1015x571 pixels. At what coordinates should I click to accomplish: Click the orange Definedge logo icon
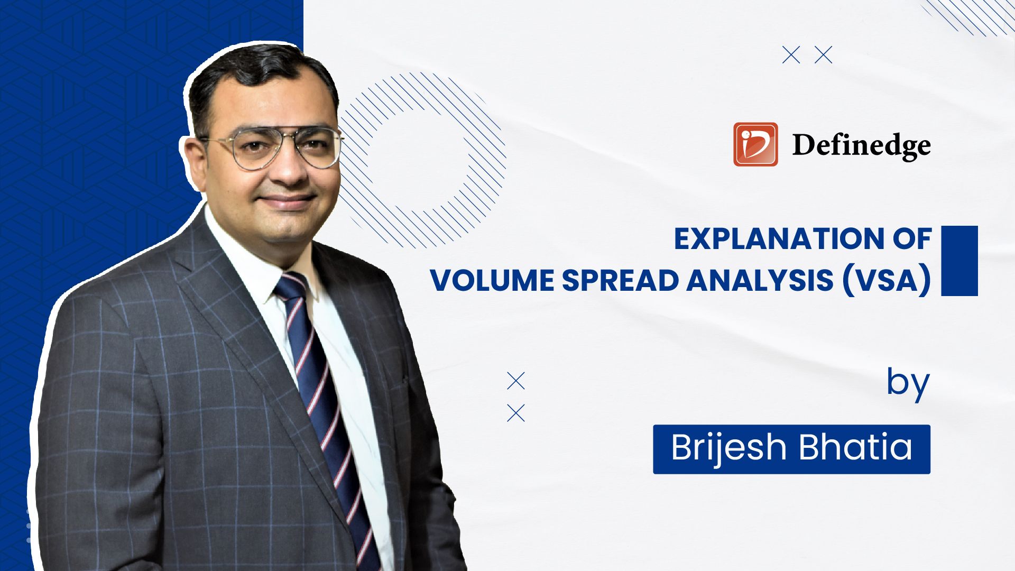(x=755, y=144)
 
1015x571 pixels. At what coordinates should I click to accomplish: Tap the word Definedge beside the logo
(x=861, y=145)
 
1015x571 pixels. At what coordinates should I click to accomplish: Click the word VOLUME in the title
(x=491, y=280)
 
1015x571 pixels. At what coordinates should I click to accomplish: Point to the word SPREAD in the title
(x=619, y=280)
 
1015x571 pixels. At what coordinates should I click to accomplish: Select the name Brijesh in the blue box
(x=730, y=448)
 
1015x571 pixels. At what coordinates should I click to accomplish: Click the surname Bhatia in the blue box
(x=855, y=448)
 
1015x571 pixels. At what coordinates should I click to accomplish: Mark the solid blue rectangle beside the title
(x=959, y=261)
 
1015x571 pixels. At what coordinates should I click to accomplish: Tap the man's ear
(x=195, y=159)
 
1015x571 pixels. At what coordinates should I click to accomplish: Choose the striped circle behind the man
(x=423, y=159)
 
